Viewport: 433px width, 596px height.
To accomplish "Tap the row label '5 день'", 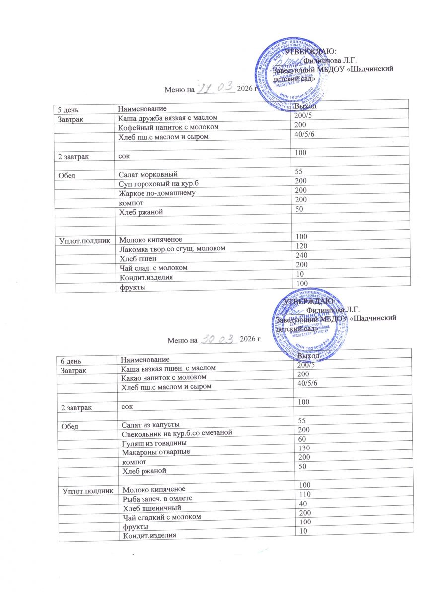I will [70, 108].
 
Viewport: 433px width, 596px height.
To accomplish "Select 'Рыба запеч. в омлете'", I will [157, 498].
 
